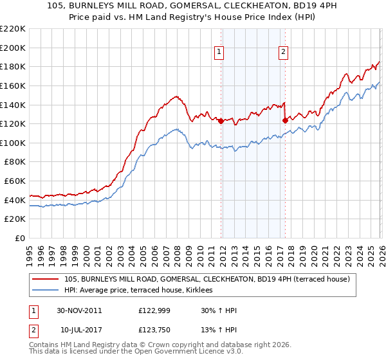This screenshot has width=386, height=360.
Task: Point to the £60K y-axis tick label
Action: point(15,181)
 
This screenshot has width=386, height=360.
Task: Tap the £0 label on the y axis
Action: point(21,239)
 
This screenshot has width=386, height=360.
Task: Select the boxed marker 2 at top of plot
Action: point(284,53)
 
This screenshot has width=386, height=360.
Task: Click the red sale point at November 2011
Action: point(221,121)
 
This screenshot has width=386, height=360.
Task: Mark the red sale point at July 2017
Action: point(284,120)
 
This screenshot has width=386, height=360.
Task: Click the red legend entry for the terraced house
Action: point(207,279)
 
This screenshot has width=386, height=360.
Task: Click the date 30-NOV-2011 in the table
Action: point(79,310)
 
